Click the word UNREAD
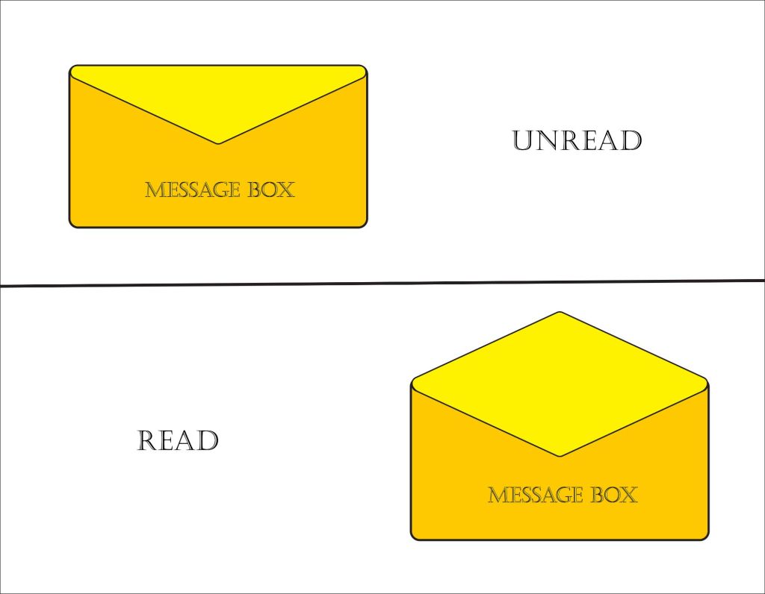(x=577, y=140)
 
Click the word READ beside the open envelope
(x=178, y=440)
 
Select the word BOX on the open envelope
(x=613, y=495)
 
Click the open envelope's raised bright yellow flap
(x=560, y=381)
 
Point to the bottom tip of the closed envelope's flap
(x=218, y=143)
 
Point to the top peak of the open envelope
(x=560, y=313)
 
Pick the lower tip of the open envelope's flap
(x=560, y=454)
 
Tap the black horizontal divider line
(x=382, y=283)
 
